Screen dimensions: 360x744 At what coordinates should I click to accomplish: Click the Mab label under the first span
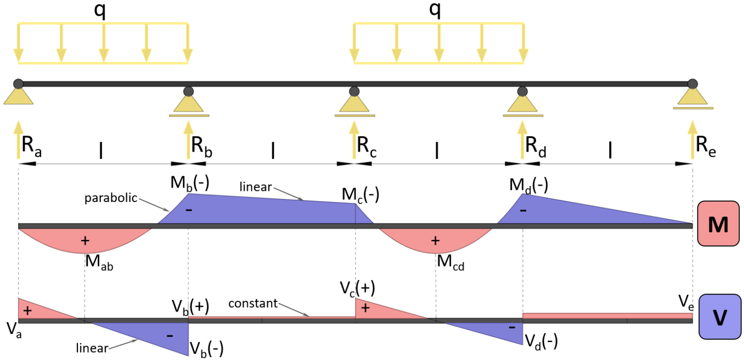[x=99, y=262]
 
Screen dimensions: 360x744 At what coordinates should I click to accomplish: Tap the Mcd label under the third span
[x=450, y=262]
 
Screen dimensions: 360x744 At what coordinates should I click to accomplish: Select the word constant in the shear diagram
[x=253, y=304]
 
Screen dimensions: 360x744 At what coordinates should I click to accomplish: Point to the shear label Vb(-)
[x=206, y=347]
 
